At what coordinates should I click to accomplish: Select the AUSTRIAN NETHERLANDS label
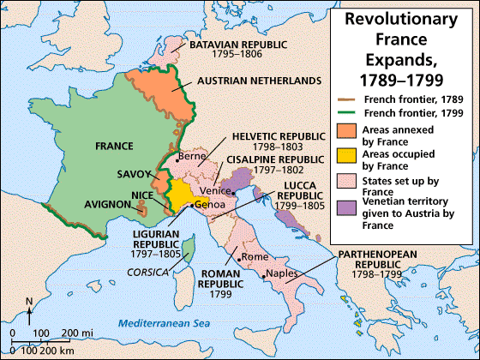coord(246,80)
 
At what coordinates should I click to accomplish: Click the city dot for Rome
coord(242,258)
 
